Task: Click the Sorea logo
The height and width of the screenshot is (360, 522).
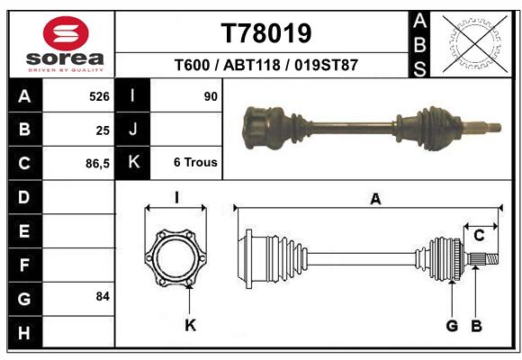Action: pos(66,45)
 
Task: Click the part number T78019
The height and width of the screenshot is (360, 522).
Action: pos(266,33)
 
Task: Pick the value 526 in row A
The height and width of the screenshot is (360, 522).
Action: pos(99,95)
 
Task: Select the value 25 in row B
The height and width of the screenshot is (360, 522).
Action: pos(103,130)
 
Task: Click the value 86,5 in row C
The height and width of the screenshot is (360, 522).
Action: pos(96,164)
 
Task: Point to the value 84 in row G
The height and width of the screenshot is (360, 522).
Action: pos(102,296)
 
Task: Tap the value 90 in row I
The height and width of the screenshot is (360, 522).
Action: pos(211,95)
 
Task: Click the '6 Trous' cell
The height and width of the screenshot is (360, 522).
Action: pos(195,163)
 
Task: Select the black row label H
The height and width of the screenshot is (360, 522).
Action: pos(24,333)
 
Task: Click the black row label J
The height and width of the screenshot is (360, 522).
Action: pos(133,130)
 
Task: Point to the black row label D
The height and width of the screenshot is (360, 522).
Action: pos(24,196)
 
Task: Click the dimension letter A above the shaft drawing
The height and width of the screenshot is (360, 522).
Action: pos(375,200)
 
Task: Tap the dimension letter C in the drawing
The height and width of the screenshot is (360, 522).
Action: pos(479,236)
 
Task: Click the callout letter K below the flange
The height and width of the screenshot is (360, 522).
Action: pos(190,325)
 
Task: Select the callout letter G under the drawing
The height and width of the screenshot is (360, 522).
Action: pos(452,325)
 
